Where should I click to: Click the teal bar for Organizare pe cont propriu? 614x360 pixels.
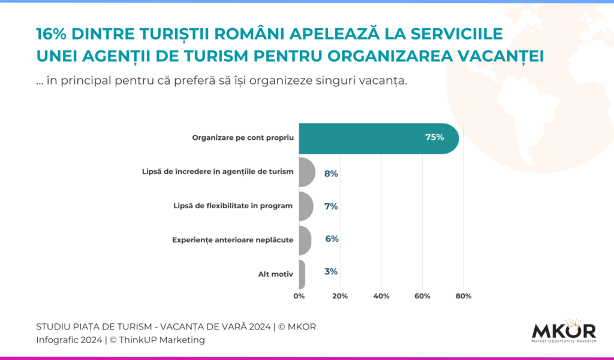[378, 138]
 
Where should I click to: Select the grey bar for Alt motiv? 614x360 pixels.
[302, 274]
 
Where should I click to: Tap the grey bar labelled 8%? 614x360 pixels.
[306, 173]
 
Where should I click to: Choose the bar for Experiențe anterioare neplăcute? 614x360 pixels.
[305, 240]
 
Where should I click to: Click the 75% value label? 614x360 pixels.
[434, 137]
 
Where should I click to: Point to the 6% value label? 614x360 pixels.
[332, 239]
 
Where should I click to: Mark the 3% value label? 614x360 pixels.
[330, 272]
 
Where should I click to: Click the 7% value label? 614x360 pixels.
[331, 206]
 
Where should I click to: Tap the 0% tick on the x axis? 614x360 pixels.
[299, 296]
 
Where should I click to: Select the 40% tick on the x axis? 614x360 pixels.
[381, 296]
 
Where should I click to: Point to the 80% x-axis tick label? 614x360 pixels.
[463, 296]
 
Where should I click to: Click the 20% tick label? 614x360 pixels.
[340, 296]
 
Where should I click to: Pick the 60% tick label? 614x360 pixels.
[422, 296]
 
